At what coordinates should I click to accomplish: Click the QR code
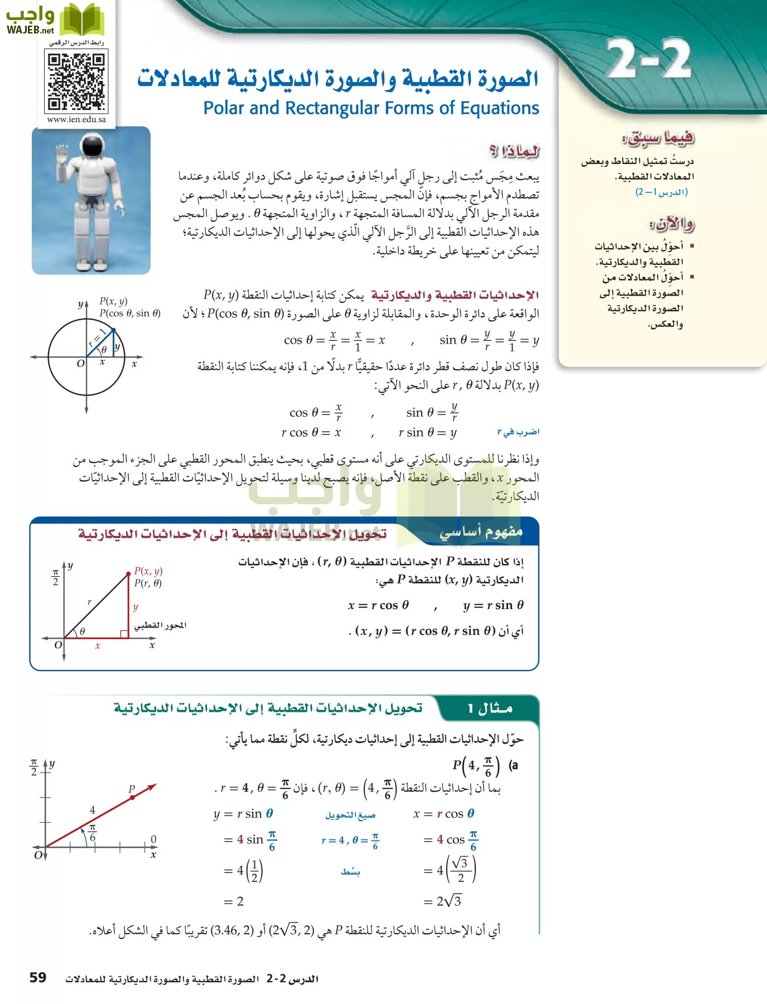click(76, 81)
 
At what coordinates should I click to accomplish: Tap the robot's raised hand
click(61, 153)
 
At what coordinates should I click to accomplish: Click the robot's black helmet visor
click(91, 147)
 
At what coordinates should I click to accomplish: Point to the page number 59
click(38, 977)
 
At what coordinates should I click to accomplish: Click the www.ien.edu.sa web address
click(76, 119)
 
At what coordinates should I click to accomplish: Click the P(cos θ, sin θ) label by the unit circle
click(130, 313)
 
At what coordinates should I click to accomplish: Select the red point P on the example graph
click(132, 798)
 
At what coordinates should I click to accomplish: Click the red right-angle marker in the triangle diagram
click(124, 634)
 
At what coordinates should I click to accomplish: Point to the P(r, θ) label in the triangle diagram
click(148, 583)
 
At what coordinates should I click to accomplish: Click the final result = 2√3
click(442, 901)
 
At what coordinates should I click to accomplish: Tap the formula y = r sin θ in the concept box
click(493, 605)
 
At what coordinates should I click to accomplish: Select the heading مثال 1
click(490, 708)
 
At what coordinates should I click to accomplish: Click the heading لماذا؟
click(514, 151)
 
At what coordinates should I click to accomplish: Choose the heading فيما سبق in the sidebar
click(658, 137)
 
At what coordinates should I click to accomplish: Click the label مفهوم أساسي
click(481, 532)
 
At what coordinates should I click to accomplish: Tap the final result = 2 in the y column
click(234, 901)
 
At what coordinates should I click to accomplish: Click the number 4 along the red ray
click(93, 809)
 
